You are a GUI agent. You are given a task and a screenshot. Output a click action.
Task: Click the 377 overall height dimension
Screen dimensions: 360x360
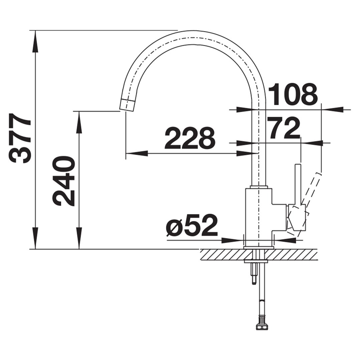(20, 138)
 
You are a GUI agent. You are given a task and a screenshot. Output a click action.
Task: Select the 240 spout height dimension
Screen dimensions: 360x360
(63, 181)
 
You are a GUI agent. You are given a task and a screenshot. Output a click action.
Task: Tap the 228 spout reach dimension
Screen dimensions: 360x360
(190, 138)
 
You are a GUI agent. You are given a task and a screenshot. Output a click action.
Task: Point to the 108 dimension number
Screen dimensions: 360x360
(293, 94)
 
